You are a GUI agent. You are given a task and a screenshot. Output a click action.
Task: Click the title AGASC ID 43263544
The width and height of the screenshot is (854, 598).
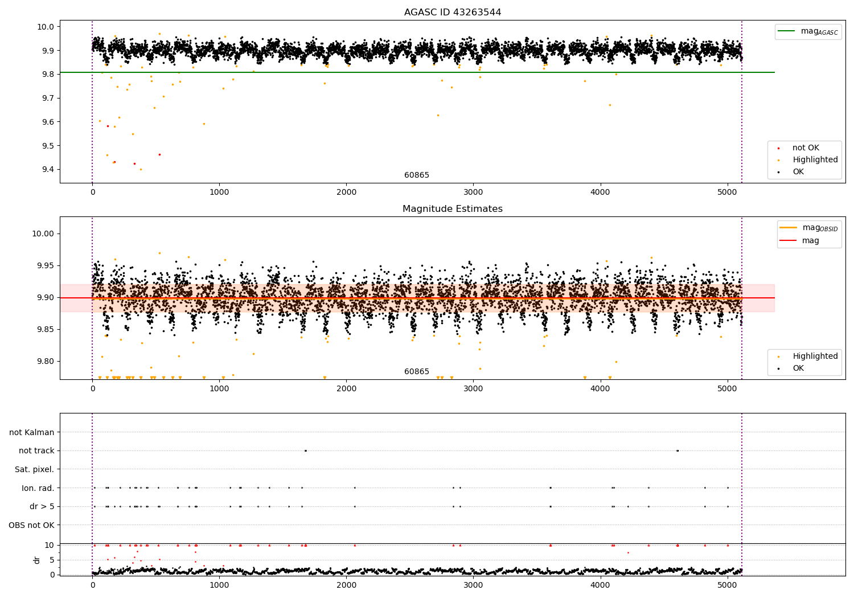[x=453, y=13]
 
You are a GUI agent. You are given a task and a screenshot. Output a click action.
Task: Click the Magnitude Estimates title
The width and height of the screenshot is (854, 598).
[x=453, y=209]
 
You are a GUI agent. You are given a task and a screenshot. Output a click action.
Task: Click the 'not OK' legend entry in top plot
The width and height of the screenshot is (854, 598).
[x=806, y=148]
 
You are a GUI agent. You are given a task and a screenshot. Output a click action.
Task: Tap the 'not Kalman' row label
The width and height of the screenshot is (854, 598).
[x=32, y=433]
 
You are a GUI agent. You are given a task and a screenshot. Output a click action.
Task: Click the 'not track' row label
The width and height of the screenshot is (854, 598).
[x=36, y=451]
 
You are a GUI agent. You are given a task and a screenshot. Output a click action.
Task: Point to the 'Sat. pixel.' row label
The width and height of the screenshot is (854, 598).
[x=34, y=470]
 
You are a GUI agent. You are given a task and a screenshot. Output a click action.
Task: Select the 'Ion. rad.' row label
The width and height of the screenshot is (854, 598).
[x=38, y=488]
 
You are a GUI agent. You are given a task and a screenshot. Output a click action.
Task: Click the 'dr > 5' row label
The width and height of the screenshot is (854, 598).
[x=42, y=506]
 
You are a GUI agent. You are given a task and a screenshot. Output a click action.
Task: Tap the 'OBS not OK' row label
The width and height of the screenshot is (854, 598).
[x=31, y=525]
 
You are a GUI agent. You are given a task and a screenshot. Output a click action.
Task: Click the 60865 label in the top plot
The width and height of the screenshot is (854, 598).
[x=417, y=175]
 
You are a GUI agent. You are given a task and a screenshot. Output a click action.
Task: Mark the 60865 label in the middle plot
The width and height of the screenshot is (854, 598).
[x=417, y=372]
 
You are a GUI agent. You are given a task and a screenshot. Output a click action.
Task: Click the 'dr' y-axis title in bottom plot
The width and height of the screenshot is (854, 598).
[x=37, y=560]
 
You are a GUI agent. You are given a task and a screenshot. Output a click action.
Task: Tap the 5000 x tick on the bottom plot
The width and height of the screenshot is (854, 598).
[x=728, y=584]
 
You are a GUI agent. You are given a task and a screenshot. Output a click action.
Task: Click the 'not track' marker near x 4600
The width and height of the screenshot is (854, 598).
[x=678, y=450]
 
